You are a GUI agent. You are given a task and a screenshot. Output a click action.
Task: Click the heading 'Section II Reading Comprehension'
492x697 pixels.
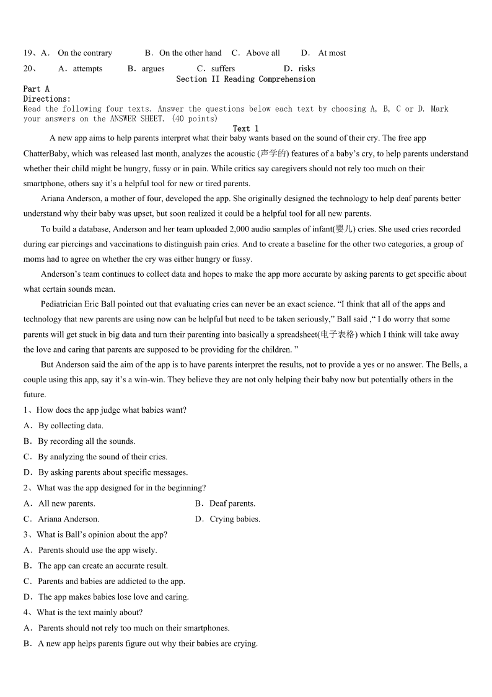point(245,79)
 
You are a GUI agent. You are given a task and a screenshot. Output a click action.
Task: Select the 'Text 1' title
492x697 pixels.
point(245,128)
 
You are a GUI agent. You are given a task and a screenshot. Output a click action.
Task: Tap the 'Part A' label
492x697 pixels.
point(36,89)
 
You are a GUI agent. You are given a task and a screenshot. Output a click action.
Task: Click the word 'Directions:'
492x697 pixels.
point(47,99)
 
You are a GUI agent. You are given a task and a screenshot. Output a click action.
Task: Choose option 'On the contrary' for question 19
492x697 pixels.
point(85,53)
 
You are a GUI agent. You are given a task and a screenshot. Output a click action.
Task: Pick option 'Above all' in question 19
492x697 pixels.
point(263,53)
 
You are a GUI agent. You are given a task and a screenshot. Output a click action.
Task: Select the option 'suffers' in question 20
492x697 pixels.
point(223,69)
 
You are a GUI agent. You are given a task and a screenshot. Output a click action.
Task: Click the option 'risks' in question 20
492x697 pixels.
point(307,69)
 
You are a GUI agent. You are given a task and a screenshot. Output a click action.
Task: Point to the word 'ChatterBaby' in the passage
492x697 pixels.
point(46,154)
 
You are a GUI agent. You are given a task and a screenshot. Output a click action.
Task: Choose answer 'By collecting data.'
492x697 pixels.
point(71,426)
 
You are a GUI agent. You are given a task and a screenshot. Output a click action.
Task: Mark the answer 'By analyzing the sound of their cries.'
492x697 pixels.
point(102,457)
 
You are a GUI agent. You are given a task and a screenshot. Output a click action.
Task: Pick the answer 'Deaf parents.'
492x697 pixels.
point(232,503)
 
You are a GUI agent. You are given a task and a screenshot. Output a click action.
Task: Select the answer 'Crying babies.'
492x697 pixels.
point(235,519)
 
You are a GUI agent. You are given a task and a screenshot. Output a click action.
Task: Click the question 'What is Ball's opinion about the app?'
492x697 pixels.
point(102,534)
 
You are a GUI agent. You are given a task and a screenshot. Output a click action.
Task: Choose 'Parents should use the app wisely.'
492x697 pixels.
point(97,550)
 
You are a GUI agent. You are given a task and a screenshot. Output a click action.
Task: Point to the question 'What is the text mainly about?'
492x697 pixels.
point(89,613)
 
